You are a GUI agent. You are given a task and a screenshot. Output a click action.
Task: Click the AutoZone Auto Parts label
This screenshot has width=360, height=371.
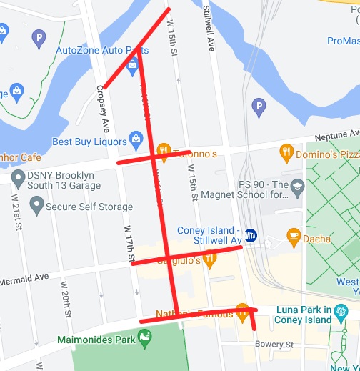[x=102, y=50]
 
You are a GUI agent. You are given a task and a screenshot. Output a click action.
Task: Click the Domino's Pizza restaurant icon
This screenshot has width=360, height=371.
[x=286, y=152]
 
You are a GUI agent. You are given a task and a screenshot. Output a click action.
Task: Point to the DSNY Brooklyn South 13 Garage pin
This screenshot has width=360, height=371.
[x=17, y=177]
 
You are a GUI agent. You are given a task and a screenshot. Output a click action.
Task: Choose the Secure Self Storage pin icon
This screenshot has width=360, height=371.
[x=36, y=207]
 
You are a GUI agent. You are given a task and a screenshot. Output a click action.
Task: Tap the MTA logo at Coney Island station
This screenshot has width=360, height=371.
[x=251, y=234]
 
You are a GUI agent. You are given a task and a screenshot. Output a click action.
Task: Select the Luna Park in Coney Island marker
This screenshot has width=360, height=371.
[x=341, y=311]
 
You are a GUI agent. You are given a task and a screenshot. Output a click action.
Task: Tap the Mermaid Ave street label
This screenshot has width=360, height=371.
[x=24, y=277]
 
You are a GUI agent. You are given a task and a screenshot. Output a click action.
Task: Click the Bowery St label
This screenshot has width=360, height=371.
[x=276, y=345]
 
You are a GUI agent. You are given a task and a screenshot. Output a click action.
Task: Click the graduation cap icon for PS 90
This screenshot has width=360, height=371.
[x=297, y=187]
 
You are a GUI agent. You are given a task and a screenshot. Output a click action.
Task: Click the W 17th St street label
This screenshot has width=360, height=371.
[x=129, y=244]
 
